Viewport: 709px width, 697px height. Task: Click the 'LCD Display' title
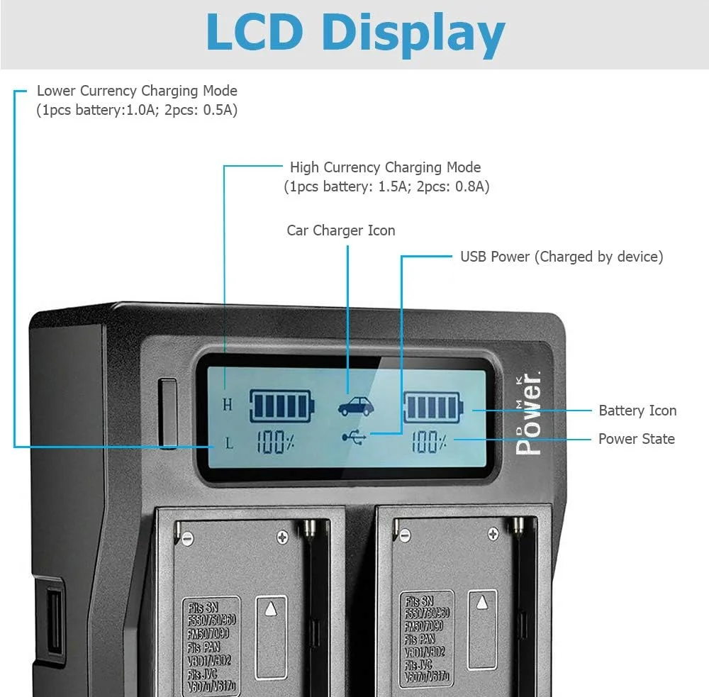click(355, 33)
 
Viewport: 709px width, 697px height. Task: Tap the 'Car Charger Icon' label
click(341, 230)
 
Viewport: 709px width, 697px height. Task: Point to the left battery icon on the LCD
click(282, 406)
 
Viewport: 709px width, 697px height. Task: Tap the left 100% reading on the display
click(275, 444)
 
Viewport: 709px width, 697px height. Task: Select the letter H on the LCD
click(228, 405)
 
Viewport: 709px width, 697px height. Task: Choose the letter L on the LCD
click(228, 445)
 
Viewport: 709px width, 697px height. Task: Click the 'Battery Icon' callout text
click(637, 411)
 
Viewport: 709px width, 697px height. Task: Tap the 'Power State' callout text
click(636, 439)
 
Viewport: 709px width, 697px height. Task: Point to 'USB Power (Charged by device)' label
click(562, 257)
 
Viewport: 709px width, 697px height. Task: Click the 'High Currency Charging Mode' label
click(385, 168)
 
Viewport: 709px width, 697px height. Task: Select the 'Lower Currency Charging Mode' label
click(137, 91)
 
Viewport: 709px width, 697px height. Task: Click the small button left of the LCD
click(168, 414)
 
